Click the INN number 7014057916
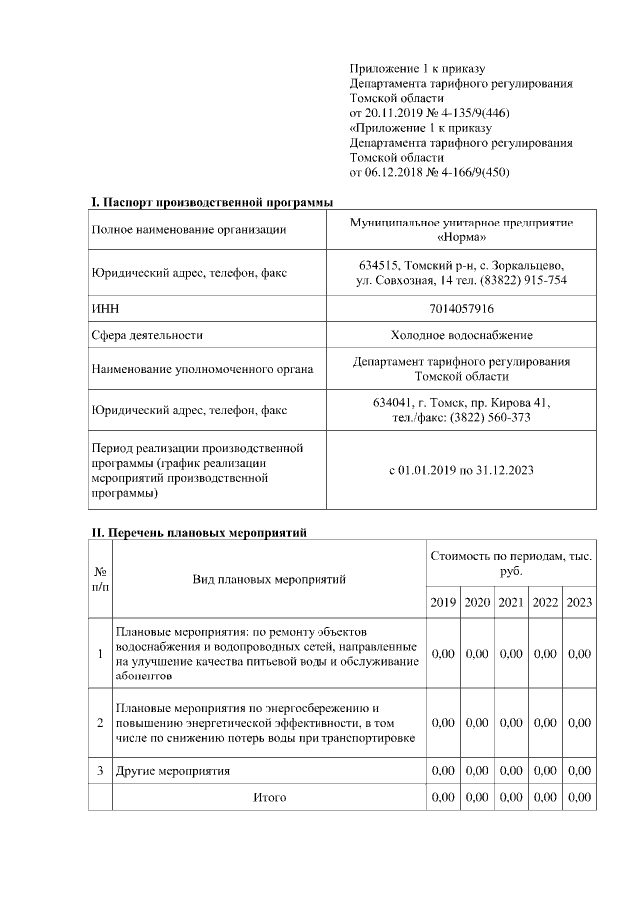pos(460,309)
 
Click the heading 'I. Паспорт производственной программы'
pos(212,202)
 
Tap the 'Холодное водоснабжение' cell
pos(460,336)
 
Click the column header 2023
pos(578,602)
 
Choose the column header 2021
pos(511,602)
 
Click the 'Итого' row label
pos(269,798)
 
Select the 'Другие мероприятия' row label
pos(173,771)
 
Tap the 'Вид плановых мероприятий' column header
pos(269,578)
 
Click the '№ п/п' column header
pos(100,578)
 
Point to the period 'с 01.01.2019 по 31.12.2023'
pos(460,470)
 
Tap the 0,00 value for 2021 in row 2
pos(511,722)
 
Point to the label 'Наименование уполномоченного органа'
pos(201,369)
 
